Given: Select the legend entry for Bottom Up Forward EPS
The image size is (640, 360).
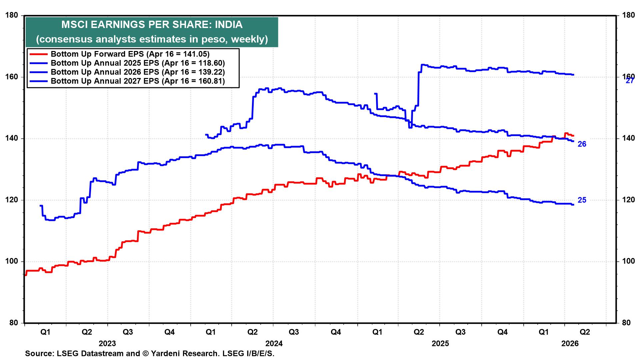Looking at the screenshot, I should pos(130,54).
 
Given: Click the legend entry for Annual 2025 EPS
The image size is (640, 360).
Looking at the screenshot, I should pos(138,63).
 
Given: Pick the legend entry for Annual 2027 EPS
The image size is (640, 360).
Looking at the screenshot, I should pos(138,81).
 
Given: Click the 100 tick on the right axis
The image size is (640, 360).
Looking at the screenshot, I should pos(626,261).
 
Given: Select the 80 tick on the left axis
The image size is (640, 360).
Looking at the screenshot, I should pos(13,323).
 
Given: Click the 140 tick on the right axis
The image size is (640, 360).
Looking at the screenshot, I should pos(626,138).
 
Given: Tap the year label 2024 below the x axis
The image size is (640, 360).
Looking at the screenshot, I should pos(274,343).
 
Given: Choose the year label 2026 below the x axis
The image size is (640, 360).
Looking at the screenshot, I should pos(570,343).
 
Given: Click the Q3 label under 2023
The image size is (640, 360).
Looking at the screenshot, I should pos(128,332).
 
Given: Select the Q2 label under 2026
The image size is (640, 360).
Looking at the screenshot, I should pos(585,332).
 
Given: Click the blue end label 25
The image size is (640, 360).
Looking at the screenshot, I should pos(582,200).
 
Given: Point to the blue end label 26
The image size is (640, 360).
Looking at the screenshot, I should pos(582,144).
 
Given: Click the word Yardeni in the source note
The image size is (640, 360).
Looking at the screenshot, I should pos(166,353).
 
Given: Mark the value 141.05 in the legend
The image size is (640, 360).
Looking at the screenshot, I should pos(196,54).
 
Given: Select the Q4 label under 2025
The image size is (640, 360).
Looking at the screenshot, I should pos(502,332).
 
